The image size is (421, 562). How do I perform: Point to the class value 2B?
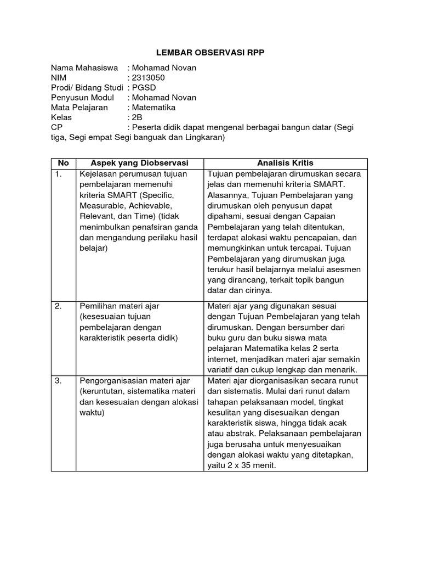coord(137,117)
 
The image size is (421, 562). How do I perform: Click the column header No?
coord(64,163)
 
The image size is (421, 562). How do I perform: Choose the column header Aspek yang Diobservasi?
coord(139,163)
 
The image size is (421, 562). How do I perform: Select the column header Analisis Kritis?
coord(285,163)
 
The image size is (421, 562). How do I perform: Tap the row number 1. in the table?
coord(60,174)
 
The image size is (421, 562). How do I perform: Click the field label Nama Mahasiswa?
coord(84,68)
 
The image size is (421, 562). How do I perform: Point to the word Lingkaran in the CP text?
coord(203,138)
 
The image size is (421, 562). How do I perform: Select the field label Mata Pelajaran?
coord(79,108)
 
